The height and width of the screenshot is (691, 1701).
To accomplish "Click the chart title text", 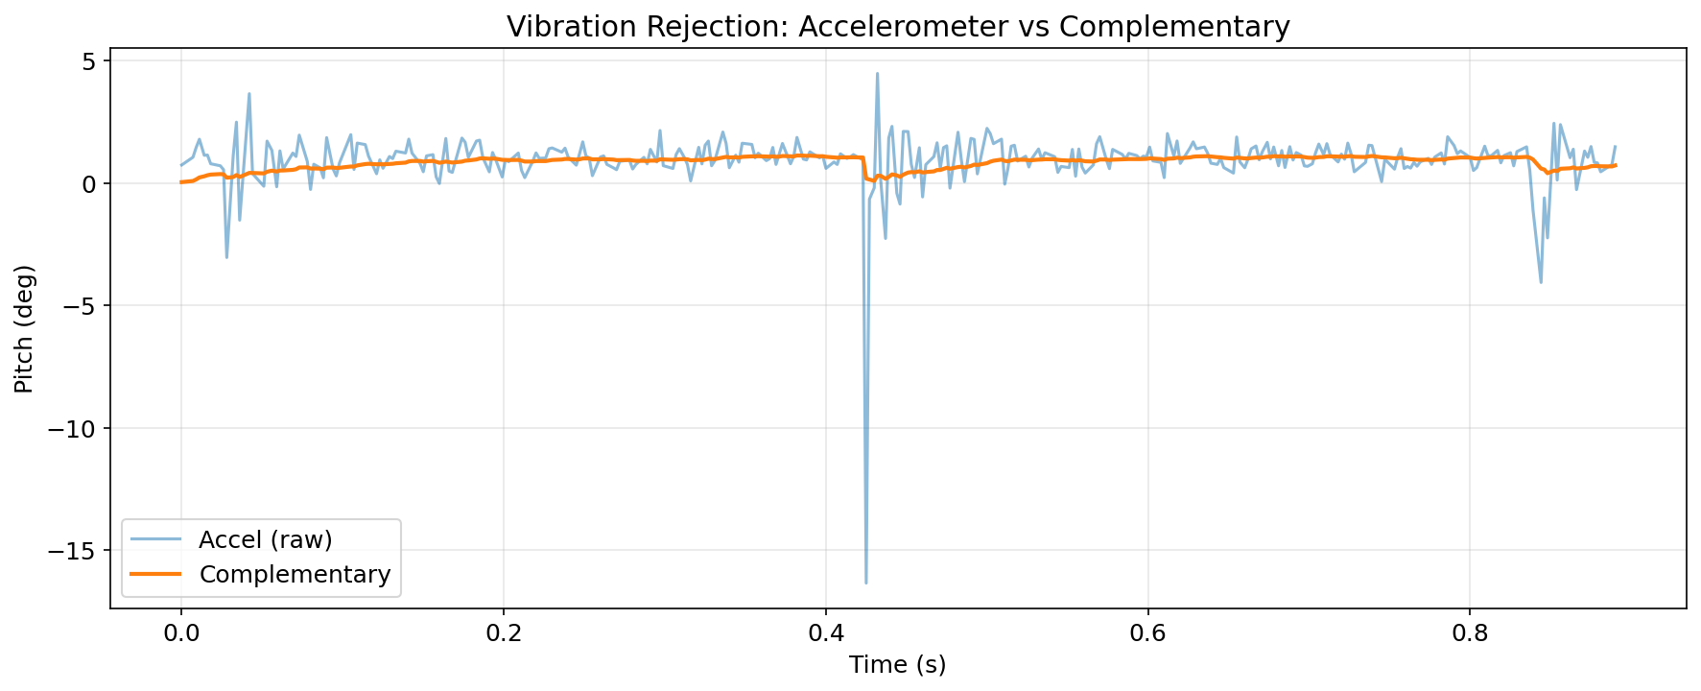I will coord(898,26).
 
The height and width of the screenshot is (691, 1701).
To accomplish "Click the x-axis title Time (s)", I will coord(897,664).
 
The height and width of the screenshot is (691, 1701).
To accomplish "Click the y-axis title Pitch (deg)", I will coord(24,329).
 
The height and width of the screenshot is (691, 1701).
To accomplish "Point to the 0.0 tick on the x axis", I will coord(180,633).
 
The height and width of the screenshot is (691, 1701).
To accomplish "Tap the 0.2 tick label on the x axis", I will coord(503,633).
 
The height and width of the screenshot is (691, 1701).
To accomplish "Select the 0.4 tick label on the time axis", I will coord(825,633).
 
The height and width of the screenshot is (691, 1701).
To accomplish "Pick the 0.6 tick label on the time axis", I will coord(1147,633).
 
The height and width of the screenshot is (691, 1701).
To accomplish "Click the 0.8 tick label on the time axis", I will coord(1470,633).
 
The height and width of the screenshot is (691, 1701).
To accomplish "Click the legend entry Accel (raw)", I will coord(266,539).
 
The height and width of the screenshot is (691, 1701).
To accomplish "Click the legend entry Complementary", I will coord(295,574).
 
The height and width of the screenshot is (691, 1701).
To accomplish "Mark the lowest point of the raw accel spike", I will coord(865,583).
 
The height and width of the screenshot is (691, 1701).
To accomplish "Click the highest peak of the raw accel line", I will coord(877,73).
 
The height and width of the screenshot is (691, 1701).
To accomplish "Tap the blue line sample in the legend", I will coord(156,539).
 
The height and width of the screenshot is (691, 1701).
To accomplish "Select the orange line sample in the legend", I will coord(156,574).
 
